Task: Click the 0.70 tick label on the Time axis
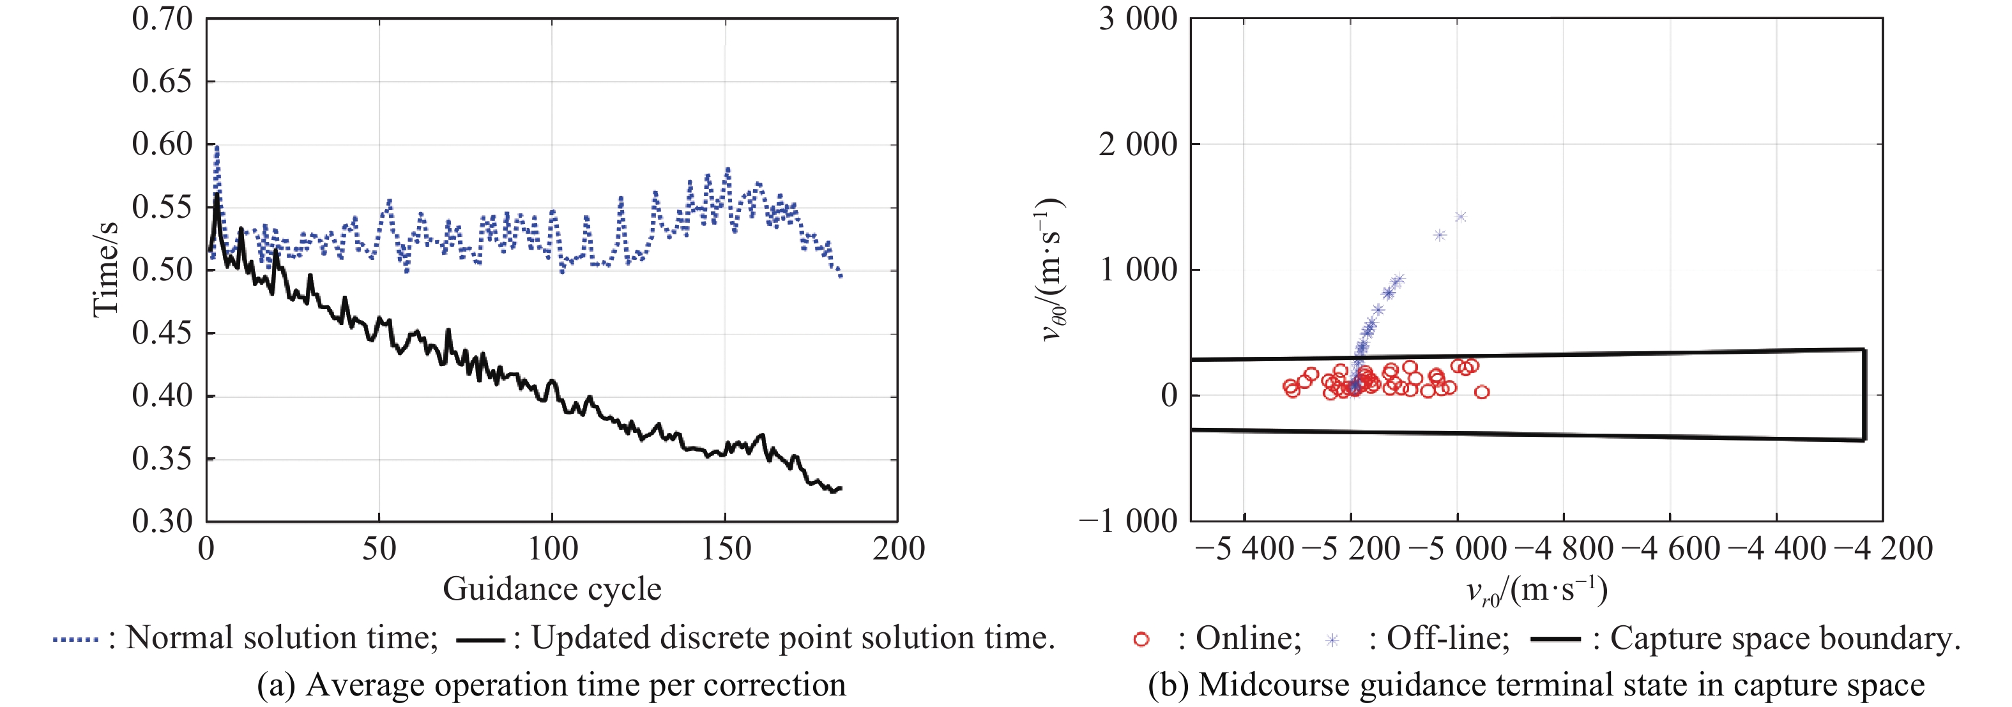[162, 19]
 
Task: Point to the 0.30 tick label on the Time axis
[162, 521]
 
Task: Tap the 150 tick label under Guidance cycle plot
[726, 549]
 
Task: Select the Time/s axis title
[105, 270]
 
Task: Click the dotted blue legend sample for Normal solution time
[76, 640]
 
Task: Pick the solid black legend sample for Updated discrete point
[480, 641]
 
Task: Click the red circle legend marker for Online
[1141, 640]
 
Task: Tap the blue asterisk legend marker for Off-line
[1332, 641]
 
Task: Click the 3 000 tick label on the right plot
[1138, 19]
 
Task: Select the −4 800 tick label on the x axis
[1564, 549]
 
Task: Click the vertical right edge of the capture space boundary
[1864, 395]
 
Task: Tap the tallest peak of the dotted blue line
[217, 146]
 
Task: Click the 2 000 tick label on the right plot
[1138, 144]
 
